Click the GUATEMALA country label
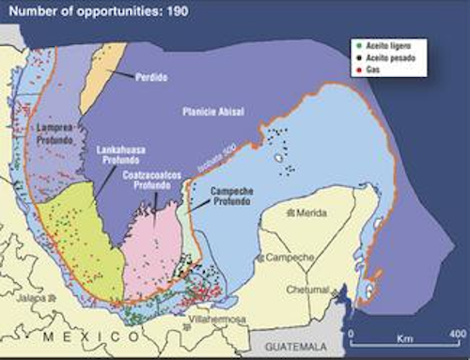(291, 345)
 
